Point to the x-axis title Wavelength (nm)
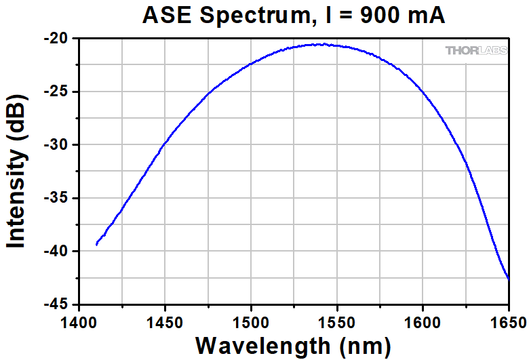click(x=293, y=345)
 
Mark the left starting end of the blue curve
click(x=96, y=244)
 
